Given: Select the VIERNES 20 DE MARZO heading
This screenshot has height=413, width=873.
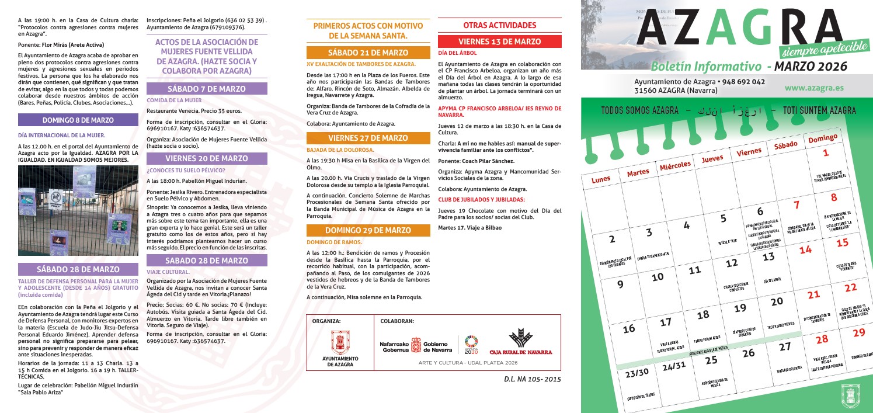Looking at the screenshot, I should [x=206, y=158].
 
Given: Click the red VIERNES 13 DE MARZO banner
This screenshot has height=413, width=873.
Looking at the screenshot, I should [x=499, y=41].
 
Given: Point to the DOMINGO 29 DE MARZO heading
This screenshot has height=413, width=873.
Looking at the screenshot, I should [x=368, y=230].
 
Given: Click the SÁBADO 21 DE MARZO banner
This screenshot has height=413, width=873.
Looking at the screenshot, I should [x=368, y=53].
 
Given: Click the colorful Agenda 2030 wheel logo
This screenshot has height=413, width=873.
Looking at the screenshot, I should [x=471, y=345].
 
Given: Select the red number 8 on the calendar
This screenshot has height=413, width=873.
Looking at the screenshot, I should [x=833, y=197].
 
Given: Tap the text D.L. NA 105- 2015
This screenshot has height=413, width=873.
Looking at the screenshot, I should [x=531, y=379].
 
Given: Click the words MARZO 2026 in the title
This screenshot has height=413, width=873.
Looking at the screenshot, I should [x=815, y=67].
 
